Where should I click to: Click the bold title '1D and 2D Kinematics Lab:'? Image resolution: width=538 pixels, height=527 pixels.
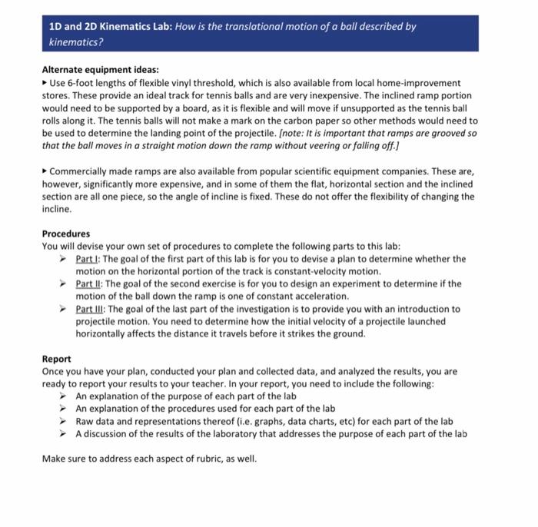point(110,25)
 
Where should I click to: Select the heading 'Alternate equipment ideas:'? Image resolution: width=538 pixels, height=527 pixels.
point(100,69)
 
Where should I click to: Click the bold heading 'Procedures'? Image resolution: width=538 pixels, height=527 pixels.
point(66,234)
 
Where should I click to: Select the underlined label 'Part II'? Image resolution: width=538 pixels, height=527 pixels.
point(90,283)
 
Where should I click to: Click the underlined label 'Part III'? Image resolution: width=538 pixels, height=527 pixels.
point(91,309)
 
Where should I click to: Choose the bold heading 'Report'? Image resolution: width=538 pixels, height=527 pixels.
point(57,358)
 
